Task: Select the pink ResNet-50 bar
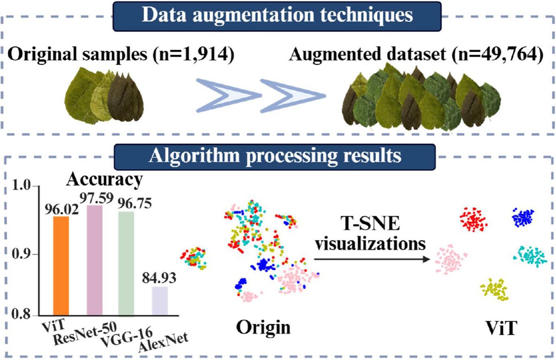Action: tap(95, 260)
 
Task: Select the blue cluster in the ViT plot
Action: tap(523, 217)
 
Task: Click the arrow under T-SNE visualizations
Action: tap(372, 259)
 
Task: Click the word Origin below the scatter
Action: tap(265, 327)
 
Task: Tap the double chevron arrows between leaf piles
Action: tap(260, 95)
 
